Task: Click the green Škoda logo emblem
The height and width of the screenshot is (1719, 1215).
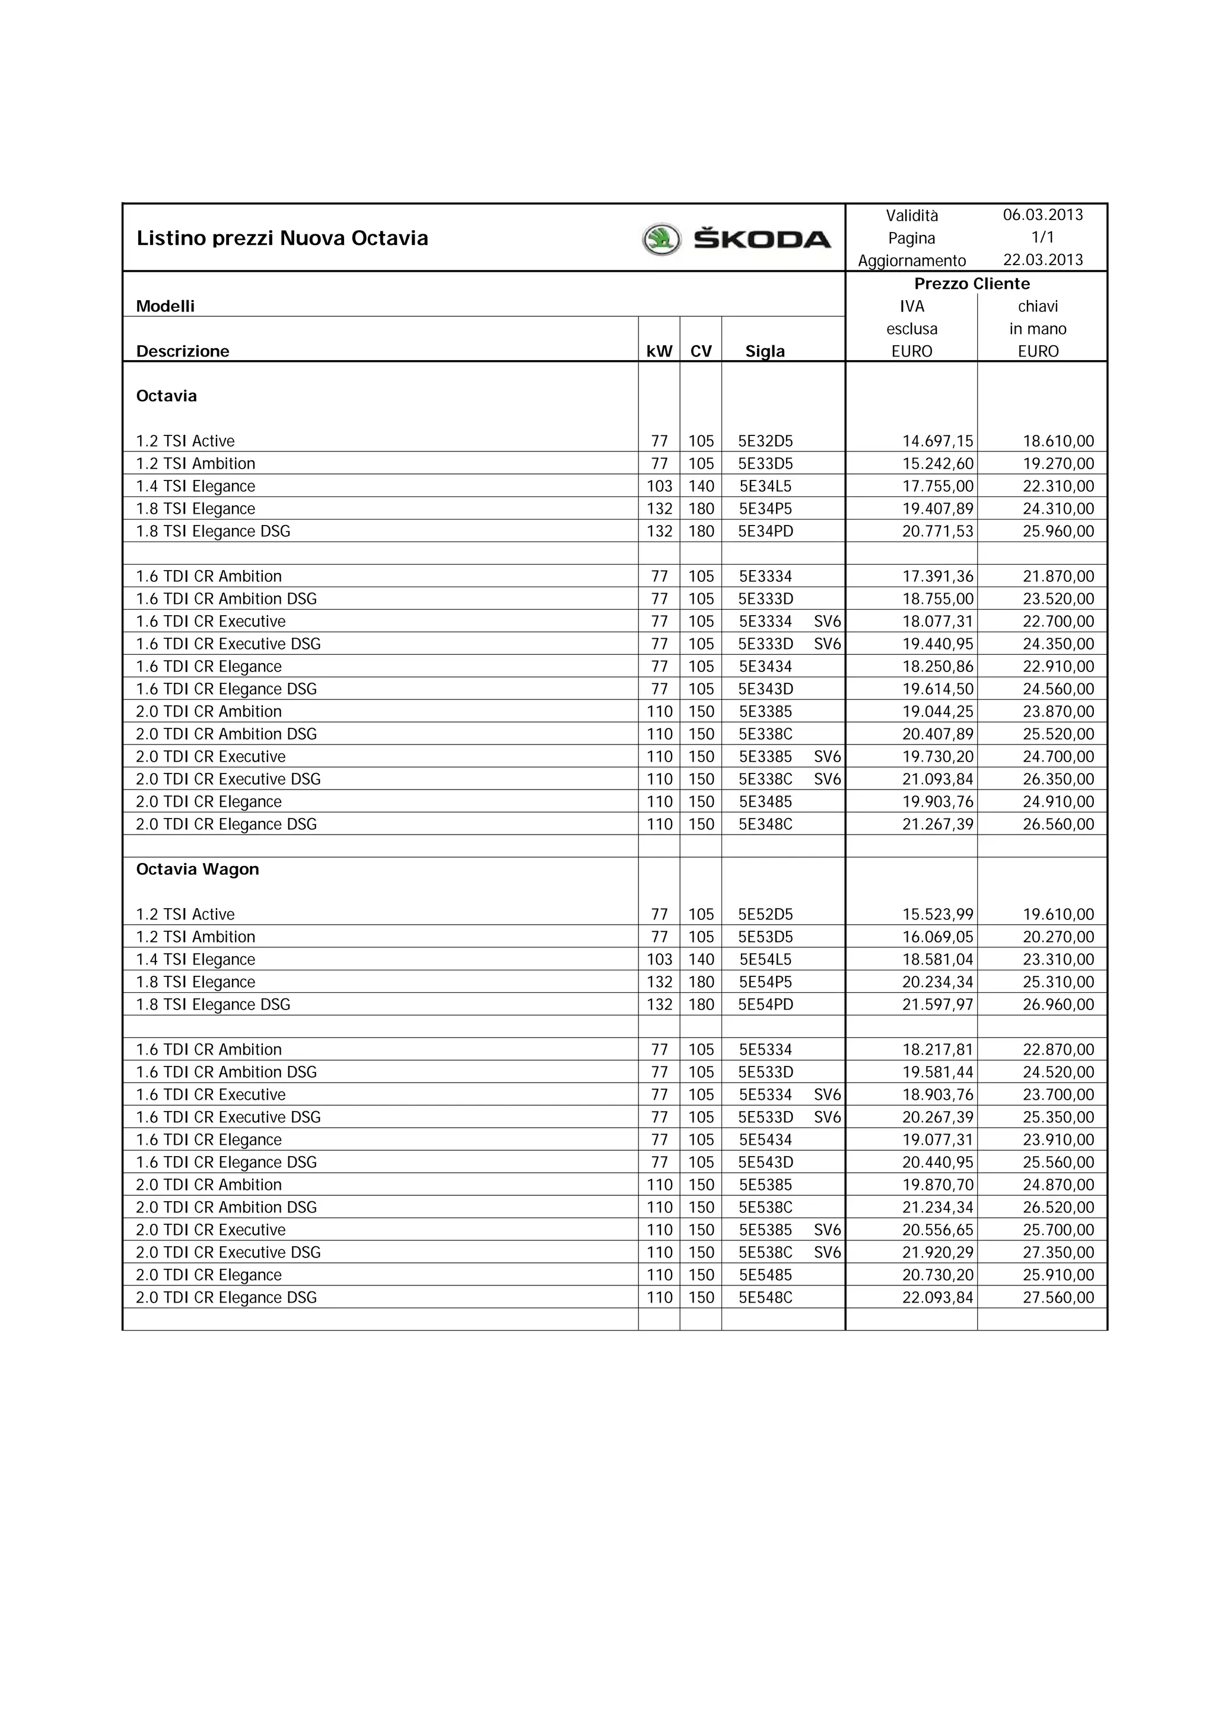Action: (x=661, y=240)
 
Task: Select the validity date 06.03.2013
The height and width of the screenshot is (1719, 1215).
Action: (x=1043, y=215)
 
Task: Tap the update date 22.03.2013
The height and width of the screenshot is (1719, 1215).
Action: (x=1043, y=260)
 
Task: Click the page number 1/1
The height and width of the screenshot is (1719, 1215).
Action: (x=1043, y=237)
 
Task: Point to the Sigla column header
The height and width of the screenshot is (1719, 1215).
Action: (x=765, y=351)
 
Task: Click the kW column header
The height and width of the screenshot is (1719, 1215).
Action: (x=659, y=351)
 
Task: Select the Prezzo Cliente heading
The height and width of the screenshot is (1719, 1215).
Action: (x=972, y=284)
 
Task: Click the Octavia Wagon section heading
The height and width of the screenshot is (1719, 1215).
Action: (x=198, y=869)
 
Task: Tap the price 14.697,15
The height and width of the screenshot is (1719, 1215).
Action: (x=937, y=441)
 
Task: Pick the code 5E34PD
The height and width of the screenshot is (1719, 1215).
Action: (x=765, y=531)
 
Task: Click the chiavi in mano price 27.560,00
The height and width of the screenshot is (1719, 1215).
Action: (x=1058, y=1297)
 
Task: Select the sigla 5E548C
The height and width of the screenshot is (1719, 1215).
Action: (x=765, y=1297)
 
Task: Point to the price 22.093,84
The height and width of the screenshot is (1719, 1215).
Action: (x=937, y=1297)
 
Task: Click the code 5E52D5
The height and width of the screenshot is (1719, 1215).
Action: (x=765, y=914)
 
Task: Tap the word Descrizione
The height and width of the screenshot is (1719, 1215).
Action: (x=183, y=351)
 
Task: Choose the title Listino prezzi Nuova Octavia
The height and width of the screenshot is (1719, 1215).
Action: (x=282, y=238)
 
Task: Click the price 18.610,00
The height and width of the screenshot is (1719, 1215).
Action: (x=1058, y=441)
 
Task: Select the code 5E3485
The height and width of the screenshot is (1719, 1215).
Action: (x=765, y=802)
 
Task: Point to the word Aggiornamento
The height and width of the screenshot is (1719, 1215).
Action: (x=912, y=260)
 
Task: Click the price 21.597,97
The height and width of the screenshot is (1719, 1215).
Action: (x=937, y=1005)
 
